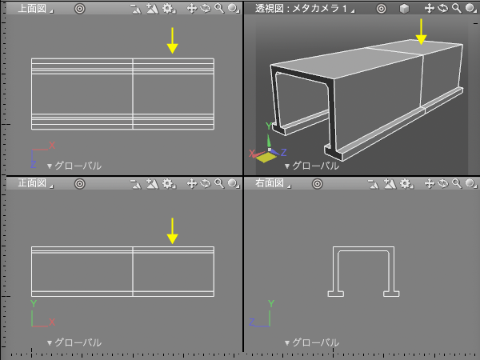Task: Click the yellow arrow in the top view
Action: point(172,41)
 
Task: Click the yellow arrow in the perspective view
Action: point(422,31)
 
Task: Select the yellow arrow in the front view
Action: point(172,231)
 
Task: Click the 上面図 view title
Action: point(32,9)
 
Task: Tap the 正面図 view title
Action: point(32,183)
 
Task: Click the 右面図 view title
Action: point(270,183)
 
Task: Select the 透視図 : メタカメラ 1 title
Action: point(301,9)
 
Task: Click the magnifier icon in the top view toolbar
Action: point(219,8)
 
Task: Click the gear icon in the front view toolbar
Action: point(168,183)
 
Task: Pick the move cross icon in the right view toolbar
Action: point(429,183)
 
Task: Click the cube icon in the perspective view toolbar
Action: point(404,9)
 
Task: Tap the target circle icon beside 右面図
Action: point(317,184)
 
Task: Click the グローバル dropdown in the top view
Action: point(74,166)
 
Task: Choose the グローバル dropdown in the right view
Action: point(312,342)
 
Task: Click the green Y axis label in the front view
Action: point(34,304)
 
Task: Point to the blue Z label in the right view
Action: point(252,322)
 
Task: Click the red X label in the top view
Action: point(52,145)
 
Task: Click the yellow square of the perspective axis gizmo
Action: point(266,158)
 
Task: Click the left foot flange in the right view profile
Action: point(336,294)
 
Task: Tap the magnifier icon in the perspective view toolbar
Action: point(457,8)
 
